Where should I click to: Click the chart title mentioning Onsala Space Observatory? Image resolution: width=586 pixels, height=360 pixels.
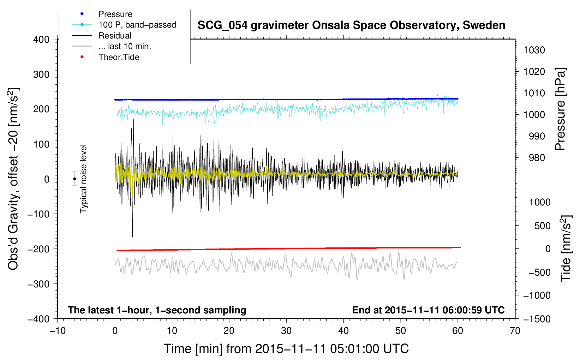pos(351,25)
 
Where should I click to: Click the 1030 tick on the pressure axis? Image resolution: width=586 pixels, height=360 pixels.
pos(534,50)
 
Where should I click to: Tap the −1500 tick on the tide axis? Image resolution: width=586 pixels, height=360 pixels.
pos(537,319)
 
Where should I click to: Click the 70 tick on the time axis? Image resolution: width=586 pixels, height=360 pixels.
pos(515,331)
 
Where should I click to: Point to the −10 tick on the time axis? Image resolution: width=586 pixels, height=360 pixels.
pos(58,331)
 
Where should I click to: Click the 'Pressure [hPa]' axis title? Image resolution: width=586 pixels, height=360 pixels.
pos(561,109)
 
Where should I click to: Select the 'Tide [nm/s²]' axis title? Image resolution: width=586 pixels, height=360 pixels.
pos(566,248)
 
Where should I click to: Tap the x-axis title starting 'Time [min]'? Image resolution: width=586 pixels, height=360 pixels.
pos(286,349)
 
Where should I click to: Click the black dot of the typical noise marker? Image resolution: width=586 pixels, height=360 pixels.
pos(74,179)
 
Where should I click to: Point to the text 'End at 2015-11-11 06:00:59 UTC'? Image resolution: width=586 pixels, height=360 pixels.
pos(428,310)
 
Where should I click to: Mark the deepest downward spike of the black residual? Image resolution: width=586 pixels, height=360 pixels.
pos(132,237)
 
